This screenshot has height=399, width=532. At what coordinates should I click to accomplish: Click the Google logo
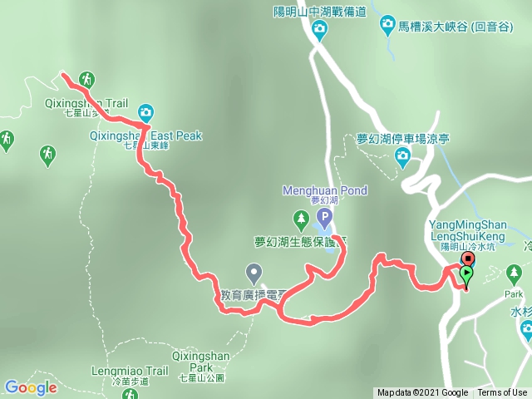tap(31, 387)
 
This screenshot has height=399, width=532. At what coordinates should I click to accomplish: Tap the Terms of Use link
tap(502, 393)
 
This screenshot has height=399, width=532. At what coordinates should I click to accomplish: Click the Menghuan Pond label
tap(324, 191)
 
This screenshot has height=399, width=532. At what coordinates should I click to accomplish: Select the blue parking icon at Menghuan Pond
tap(324, 219)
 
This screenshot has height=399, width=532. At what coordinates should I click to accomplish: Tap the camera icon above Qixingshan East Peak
tap(145, 112)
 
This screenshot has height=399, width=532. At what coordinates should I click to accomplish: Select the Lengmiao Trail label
tap(127, 372)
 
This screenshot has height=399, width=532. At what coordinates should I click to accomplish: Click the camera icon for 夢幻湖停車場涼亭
tap(403, 155)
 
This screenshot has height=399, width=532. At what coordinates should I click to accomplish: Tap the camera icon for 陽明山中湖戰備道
tap(319, 31)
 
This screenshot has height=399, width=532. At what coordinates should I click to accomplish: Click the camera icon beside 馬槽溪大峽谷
tap(387, 27)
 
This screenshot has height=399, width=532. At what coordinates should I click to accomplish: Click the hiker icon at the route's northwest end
tap(86, 80)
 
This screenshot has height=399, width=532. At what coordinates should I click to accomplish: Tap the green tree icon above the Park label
tap(515, 273)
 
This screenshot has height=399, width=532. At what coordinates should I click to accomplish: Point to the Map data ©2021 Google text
tap(422, 393)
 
